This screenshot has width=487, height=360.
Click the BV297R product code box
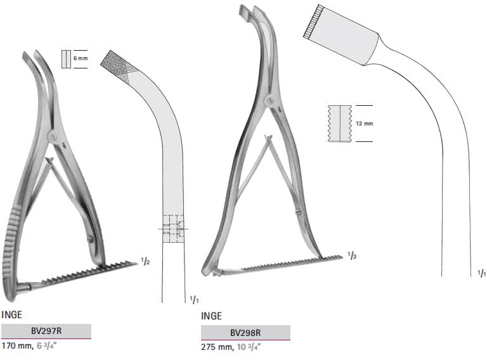click(46, 331)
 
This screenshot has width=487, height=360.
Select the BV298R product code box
click(245, 332)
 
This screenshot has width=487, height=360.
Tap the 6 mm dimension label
click(80, 58)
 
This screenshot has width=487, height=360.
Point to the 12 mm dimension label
click(365, 123)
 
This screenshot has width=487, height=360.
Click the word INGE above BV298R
click(211, 316)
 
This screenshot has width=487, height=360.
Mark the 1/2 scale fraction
click(145, 260)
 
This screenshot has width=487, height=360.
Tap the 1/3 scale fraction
click(351, 255)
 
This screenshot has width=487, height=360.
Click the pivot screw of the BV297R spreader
click(55, 135)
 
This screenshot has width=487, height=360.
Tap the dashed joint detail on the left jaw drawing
click(172, 228)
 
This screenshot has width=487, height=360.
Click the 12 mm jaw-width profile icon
click(340, 123)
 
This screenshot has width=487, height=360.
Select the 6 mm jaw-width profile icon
click(66, 58)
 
